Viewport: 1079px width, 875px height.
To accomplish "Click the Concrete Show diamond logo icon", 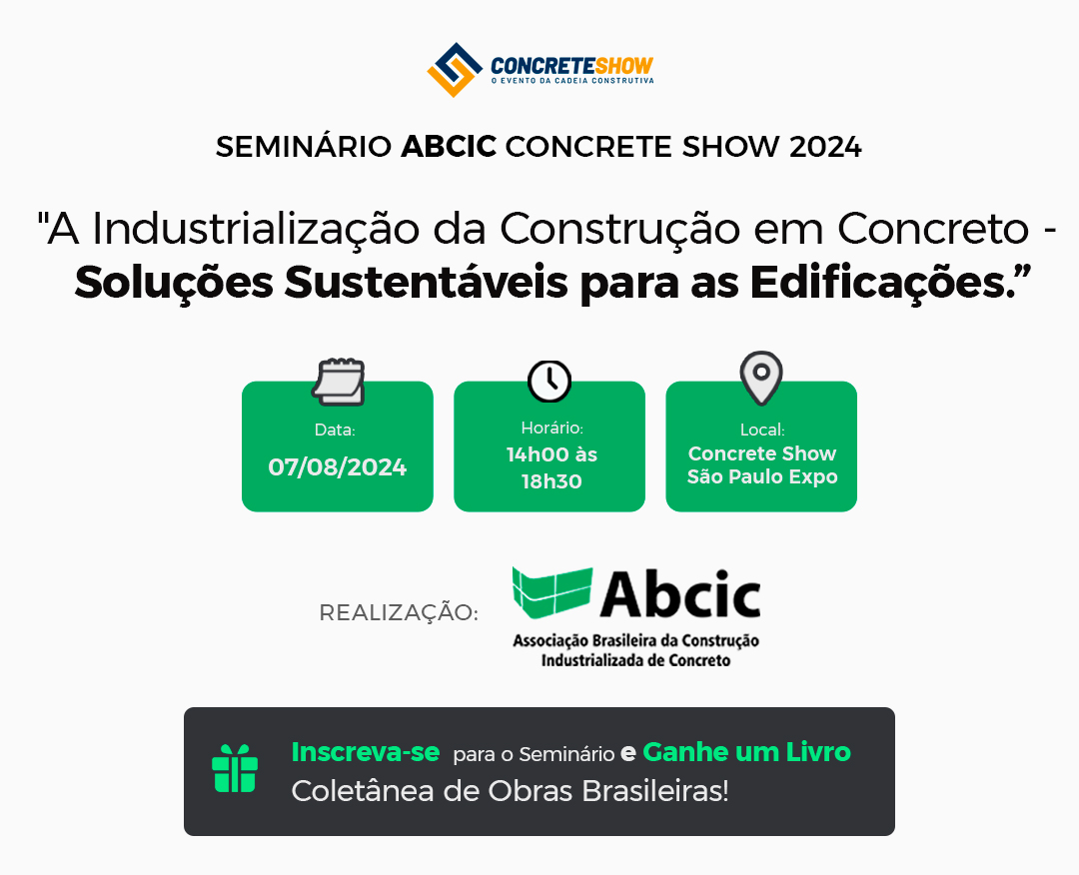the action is (x=455, y=70).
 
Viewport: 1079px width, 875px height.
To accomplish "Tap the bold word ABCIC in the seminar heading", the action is (x=449, y=147).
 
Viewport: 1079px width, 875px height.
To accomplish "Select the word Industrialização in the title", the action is (x=256, y=229).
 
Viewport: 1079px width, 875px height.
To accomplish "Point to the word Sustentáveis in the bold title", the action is (x=427, y=282).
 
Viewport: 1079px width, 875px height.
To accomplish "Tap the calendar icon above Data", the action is (x=338, y=382).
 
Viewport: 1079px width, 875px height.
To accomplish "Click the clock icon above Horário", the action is (x=549, y=381).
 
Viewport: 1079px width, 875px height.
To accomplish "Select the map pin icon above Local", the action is (x=761, y=378).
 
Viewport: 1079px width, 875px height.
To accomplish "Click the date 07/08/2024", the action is (x=338, y=467).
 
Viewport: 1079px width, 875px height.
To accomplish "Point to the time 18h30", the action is (x=551, y=481).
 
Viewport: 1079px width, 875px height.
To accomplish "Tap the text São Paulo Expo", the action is (x=762, y=476).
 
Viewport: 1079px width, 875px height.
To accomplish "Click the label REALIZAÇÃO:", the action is (x=399, y=612).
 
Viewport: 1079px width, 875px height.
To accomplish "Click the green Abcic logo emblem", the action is (x=551, y=591).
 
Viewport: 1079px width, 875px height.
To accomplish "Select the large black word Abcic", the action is (x=680, y=594).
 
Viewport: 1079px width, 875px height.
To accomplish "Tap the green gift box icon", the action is (x=235, y=768).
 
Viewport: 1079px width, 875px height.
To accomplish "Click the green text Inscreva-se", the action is (x=366, y=752).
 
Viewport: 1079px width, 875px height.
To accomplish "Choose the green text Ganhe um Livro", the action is (x=746, y=752).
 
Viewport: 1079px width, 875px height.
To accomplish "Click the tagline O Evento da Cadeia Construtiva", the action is (x=571, y=81).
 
